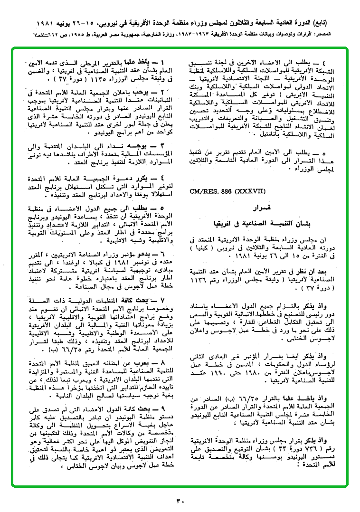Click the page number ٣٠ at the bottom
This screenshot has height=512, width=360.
pos(180,500)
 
